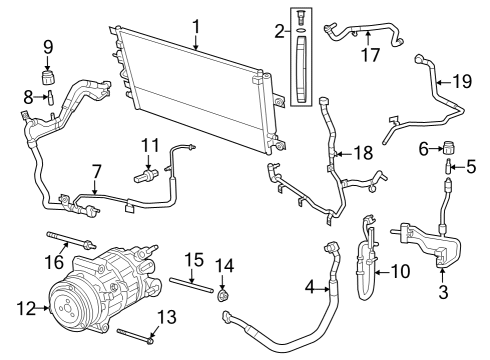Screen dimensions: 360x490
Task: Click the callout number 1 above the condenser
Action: pos(196,26)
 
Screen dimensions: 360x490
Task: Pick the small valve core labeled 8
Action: pos(46,96)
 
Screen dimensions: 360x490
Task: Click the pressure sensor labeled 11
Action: pos(146,177)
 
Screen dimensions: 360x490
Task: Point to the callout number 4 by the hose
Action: pos(311,290)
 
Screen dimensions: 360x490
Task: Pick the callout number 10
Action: pos(400,270)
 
